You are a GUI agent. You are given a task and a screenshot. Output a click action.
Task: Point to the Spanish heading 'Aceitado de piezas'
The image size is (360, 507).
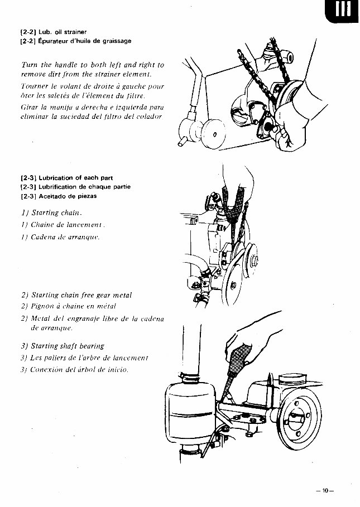click(x=63, y=196)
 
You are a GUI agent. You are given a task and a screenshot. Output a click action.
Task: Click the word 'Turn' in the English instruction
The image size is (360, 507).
click(x=28, y=65)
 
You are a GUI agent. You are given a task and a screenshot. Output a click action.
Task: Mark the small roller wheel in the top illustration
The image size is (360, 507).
click(x=210, y=135)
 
